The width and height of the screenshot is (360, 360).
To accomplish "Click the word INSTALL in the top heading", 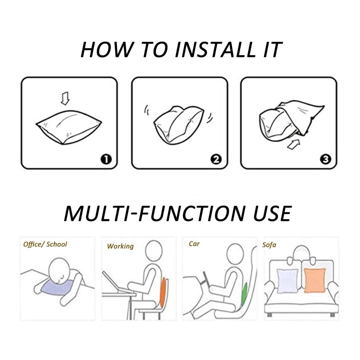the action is pos(215,50).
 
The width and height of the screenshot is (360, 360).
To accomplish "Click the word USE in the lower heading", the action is pos(273,213).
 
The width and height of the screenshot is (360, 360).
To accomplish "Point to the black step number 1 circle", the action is pos(106,159).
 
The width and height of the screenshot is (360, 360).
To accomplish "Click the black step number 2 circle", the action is pos(216,159).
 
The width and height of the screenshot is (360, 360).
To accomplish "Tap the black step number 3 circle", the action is pos(325,159).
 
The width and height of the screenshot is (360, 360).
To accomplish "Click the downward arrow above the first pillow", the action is pos(65,98).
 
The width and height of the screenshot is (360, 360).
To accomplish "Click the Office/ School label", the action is pos(45,244).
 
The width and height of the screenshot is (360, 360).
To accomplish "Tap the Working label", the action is pos(120,246).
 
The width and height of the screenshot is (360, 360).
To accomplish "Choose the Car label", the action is pos(194,244).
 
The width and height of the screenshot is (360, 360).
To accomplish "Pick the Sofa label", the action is pos(269,245).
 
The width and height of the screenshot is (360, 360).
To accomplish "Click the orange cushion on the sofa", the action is pos(315,280).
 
